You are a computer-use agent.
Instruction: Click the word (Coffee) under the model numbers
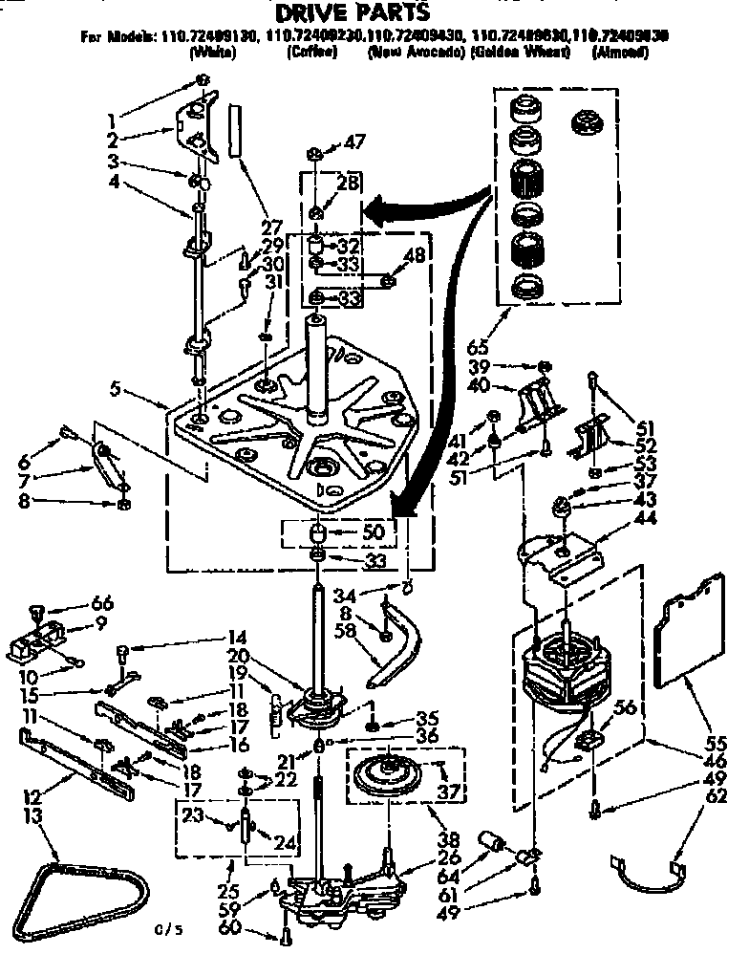click(x=311, y=53)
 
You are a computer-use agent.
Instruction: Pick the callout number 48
click(x=415, y=255)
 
